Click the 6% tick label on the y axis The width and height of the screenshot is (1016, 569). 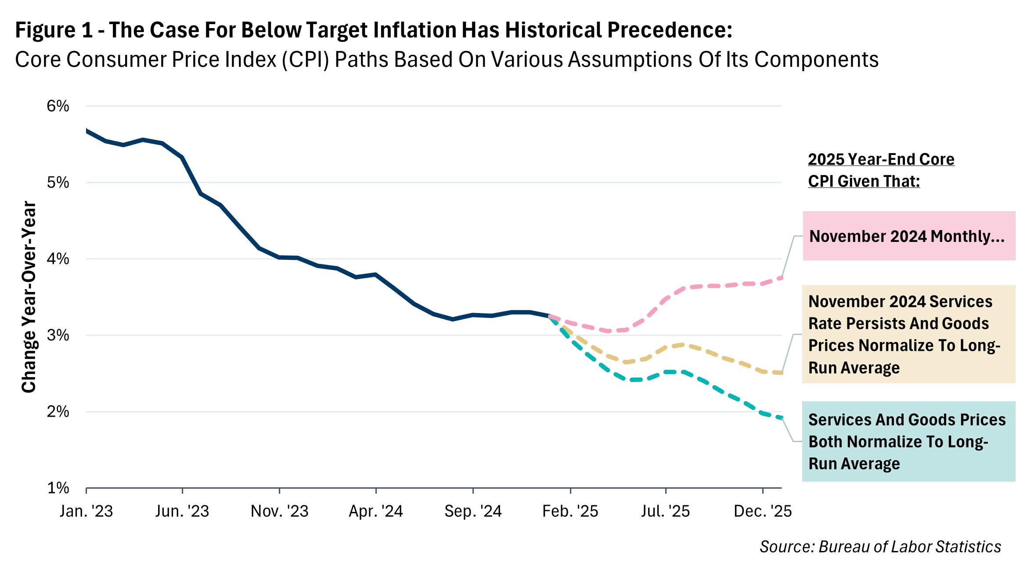(x=58, y=106)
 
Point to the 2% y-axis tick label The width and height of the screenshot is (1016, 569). (x=58, y=412)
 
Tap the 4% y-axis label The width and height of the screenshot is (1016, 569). (x=58, y=259)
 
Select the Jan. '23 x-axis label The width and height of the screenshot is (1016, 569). (x=86, y=511)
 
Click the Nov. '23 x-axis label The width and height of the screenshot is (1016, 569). (x=279, y=511)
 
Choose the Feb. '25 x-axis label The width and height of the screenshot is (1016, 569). (x=570, y=511)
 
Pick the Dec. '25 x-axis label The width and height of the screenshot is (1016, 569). (x=763, y=511)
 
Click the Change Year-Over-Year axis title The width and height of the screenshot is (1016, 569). (x=29, y=297)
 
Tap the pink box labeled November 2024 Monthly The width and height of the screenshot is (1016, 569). (x=908, y=236)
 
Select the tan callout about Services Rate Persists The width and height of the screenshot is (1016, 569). (x=908, y=334)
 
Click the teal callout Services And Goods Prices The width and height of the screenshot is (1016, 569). (x=908, y=441)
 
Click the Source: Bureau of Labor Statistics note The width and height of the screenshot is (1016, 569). (x=880, y=547)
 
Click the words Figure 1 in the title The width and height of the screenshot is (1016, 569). (x=54, y=30)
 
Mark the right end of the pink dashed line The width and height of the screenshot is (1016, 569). (x=781, y=277)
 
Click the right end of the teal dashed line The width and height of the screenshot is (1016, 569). (x=781, y=418)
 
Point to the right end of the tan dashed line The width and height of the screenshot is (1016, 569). (x=781, y=373)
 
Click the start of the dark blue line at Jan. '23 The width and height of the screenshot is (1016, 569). (x=87, y=131)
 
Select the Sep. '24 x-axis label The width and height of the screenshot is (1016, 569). (x=473, y=511)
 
